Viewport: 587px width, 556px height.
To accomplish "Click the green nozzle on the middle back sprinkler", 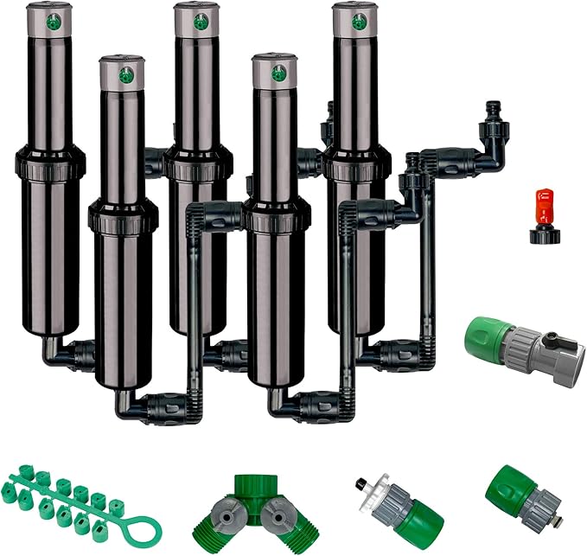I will [x=201, y=19].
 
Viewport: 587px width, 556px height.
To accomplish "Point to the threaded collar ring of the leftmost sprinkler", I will [x=50, y=161].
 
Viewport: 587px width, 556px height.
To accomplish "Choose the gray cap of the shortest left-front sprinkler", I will [x=121, y=73].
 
